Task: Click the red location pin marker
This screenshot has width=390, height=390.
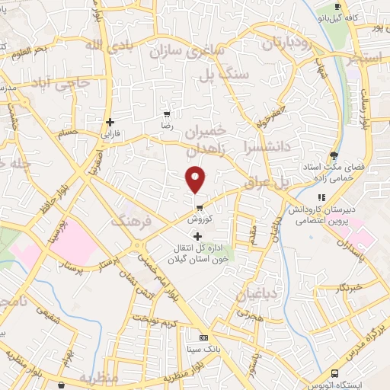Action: [x=197, y=180]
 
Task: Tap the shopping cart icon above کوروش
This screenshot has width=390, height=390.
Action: [x=199, y=206]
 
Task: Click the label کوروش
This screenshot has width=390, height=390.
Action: [x=199, y=217]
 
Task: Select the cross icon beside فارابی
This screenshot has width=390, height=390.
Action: [x=110, y=122]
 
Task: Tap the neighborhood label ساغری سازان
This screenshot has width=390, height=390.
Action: [x=194, y=53]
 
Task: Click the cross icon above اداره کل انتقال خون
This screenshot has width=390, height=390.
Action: [x=199, y=236]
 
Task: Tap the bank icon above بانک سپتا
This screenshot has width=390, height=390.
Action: [x=203, y=337]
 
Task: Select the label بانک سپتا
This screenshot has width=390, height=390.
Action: [x=203, y=348]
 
